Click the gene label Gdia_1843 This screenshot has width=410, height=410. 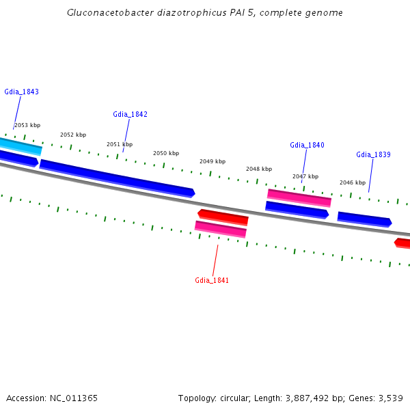[21, 92]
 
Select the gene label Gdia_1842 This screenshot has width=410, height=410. [130, 114]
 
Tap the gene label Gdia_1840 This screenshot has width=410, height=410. [307, 145]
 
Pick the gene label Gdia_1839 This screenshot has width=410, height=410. [373, 154]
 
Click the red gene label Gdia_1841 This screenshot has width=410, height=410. [212, 280]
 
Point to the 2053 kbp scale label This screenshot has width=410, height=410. [27, 125]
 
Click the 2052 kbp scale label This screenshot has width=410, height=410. [73, 135]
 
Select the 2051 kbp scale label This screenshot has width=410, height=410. [120, 144]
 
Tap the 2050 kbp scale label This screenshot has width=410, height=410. [166, 153]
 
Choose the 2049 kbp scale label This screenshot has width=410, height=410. [213, 161]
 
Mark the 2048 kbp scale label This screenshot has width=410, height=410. [259, 169]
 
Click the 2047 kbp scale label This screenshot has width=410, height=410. [305, 176]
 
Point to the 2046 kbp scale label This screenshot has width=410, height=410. [353, 182]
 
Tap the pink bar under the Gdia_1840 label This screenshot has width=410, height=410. [299, 197]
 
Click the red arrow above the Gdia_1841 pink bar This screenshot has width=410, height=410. [223, 217]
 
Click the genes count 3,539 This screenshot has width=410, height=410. [391, 398]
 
